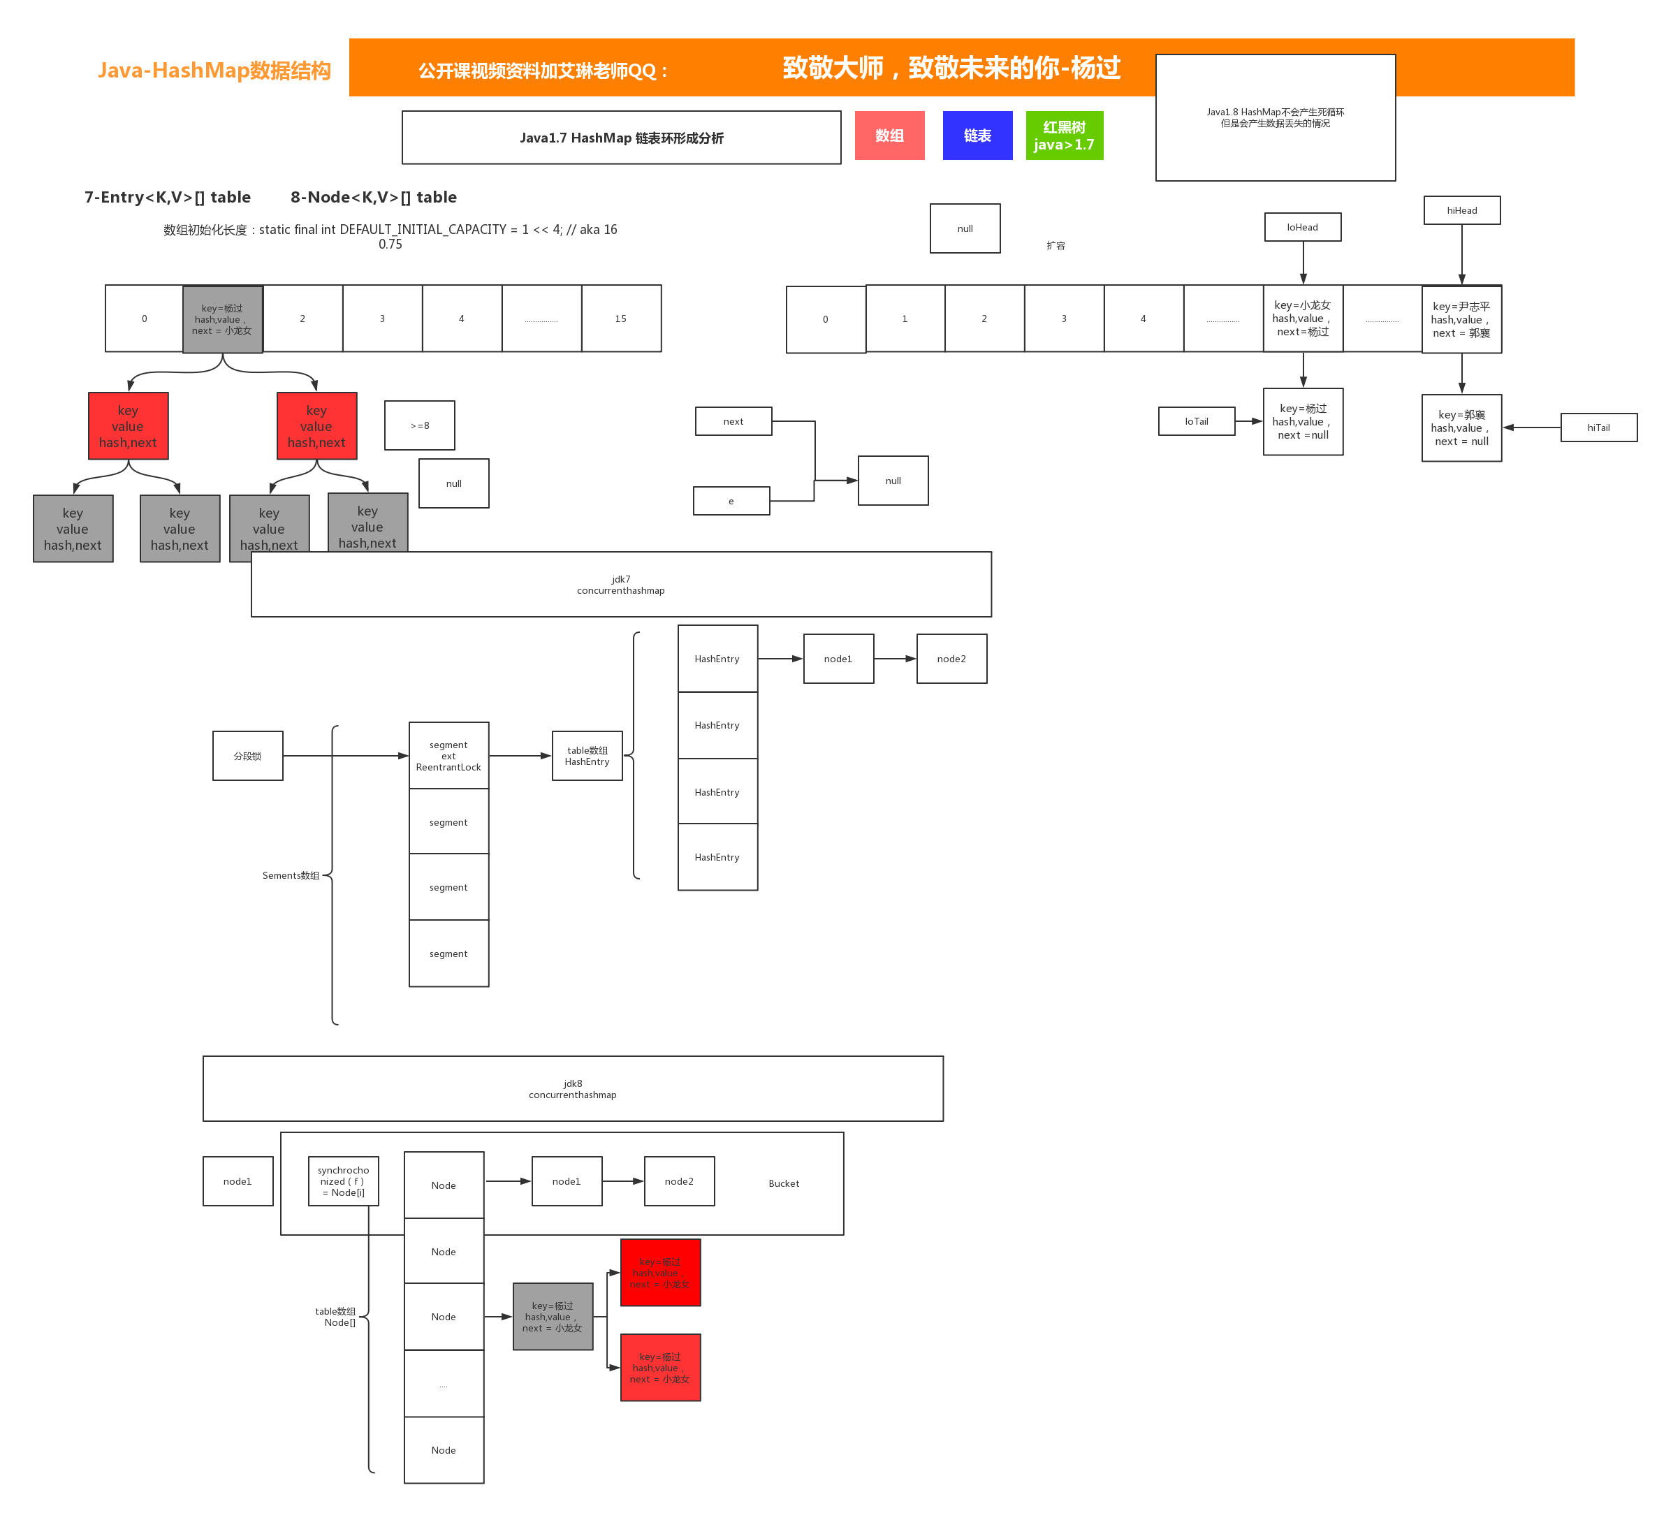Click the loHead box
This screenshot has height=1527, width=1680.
1303,228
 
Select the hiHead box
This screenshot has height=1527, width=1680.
1461,210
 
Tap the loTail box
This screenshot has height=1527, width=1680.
1197,422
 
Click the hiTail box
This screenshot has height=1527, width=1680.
1598,428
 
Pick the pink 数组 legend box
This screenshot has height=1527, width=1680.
889,136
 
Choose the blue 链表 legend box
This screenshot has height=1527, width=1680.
977,136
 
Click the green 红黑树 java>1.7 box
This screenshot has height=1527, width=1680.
1064,136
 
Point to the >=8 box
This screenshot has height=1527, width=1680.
419,426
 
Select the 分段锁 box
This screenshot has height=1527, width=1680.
247,756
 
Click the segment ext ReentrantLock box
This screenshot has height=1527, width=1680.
448,756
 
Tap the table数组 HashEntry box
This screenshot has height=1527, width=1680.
587,756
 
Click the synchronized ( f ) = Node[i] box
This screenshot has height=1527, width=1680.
342,1181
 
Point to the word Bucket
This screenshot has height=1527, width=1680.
783,1183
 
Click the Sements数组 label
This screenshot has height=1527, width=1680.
291,876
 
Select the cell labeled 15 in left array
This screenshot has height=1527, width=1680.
621,319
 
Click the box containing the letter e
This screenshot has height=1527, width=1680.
731,502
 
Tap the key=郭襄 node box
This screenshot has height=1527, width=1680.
1461,428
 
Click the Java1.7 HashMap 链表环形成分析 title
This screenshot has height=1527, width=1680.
621,138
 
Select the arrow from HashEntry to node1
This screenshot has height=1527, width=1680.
780,659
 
